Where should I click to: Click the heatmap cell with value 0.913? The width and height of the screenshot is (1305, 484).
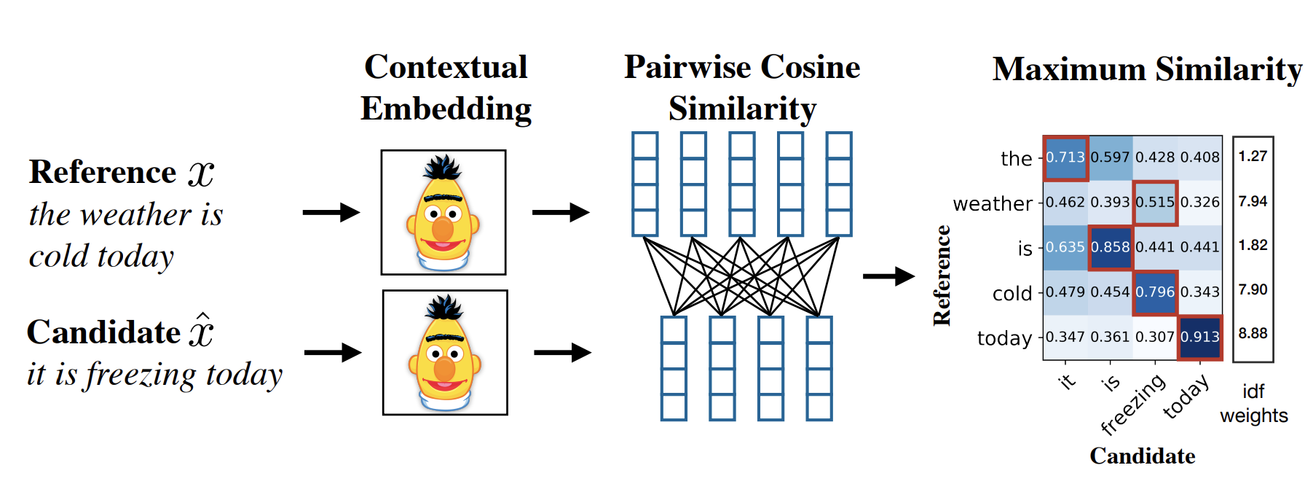coord(1199,337)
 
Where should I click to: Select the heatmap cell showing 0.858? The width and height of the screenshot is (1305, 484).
coord(1110,247)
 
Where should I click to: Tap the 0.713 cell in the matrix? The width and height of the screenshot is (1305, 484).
coord(1065,157)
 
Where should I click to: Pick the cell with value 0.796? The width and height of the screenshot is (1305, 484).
coord(1155,292)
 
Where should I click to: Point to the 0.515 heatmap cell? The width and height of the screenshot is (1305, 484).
coord(1155,202)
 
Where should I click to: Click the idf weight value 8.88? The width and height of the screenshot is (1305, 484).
coord(1253,334)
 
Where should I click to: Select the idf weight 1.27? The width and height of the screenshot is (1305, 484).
coord(1253,156)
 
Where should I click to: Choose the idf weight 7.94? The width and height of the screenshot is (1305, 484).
coord(1253,201)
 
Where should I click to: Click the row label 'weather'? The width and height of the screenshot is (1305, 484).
coord(993,203)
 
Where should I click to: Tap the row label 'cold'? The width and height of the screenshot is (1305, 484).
coord(1012,293)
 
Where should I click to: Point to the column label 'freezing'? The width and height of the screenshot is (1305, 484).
coord(1133,405)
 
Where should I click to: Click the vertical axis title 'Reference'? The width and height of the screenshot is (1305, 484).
coord(942,276)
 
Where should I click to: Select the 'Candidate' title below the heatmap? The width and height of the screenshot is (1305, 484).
coord(1142,456)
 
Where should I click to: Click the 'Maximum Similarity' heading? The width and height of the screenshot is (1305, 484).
coord(1146,70)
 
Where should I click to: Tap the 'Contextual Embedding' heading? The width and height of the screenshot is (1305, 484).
coord(446,87)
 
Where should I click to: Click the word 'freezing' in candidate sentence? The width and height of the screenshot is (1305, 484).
coord(141,375)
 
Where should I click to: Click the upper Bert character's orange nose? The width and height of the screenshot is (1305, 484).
coord(442,229)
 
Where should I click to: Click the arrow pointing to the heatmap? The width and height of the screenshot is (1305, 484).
coord(888,276)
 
